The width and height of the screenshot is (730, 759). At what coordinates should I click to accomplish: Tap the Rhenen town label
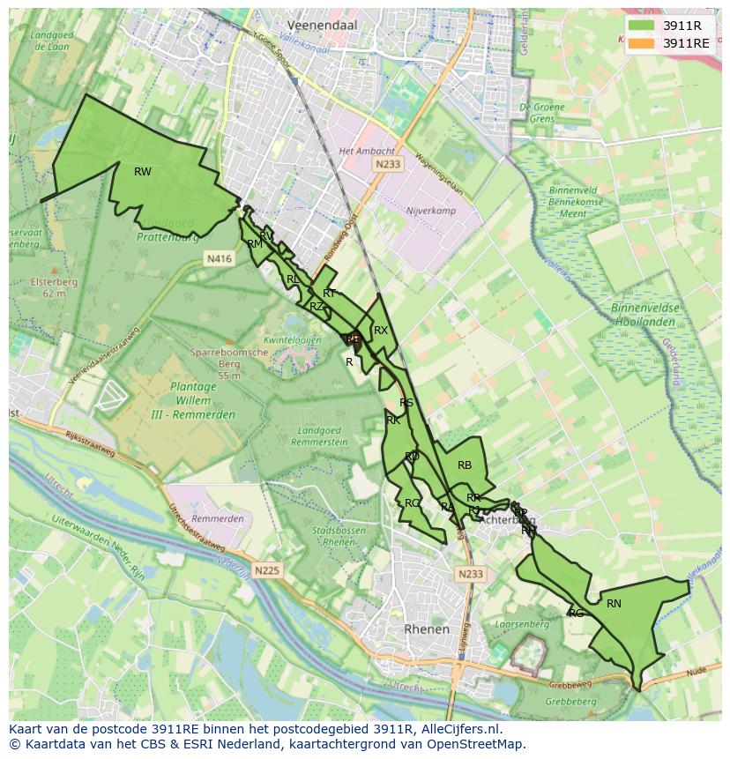[426, 629]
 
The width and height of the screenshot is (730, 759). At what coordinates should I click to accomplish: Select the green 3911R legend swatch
[642, 26]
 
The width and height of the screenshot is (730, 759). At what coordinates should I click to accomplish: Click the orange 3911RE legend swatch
[642, 43]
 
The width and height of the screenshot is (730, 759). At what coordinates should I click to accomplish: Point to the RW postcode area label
[142, 172]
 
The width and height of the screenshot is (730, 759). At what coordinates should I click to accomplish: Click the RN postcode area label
[614, 604]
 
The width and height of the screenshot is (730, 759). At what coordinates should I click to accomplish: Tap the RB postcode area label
[465, 465]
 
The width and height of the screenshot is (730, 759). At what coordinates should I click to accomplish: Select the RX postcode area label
[381, 331]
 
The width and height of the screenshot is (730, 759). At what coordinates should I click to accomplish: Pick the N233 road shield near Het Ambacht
[387, 164]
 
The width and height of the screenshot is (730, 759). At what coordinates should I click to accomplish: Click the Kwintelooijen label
[292, 339]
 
